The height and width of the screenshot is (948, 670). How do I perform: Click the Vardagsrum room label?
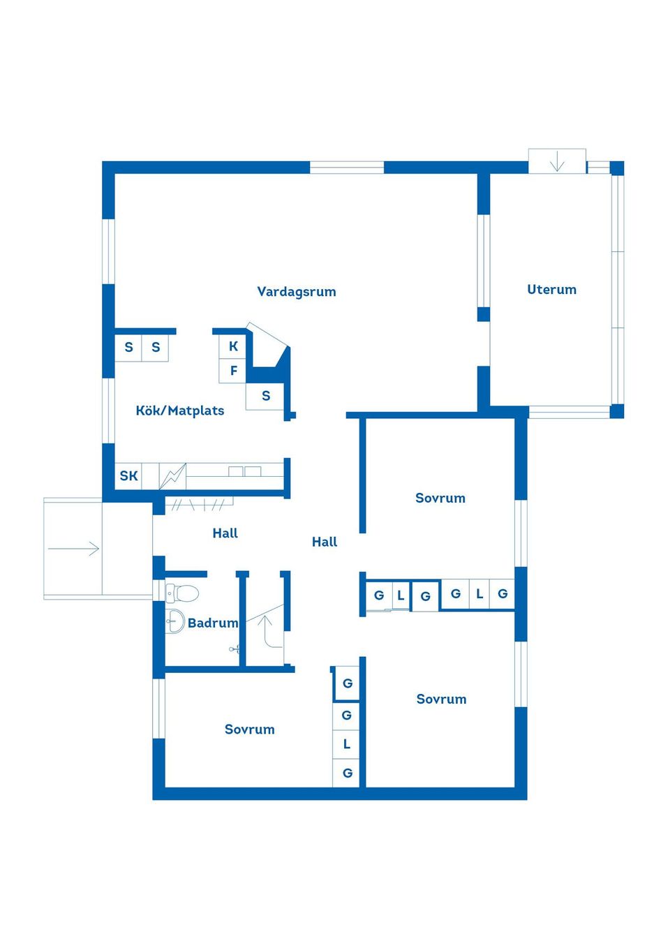pos(296,292)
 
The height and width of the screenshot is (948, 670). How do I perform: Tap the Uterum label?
pos(551,290)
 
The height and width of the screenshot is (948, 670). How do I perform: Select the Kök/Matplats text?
pos(179,410)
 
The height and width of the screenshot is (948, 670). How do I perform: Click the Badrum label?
pos(212,623)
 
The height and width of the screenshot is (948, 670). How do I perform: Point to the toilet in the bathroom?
pos(183,593)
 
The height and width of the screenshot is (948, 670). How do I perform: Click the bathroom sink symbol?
pos(174,621)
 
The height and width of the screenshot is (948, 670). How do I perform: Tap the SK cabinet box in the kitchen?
pos(128,476)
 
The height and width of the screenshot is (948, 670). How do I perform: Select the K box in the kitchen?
pos(233,346)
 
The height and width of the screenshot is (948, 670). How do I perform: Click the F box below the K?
pos(233,371)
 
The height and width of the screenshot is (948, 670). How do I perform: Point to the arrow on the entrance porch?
pos(74,549)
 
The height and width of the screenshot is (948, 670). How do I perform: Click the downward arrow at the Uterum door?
pos(556,163)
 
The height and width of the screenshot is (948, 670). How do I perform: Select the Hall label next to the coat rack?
pos(225,533)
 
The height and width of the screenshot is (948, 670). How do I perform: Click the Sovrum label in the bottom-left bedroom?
pos(249,729)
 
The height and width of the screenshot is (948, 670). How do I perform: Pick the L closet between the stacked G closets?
pos(346,745)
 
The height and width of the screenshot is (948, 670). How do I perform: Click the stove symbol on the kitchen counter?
pos(173,476)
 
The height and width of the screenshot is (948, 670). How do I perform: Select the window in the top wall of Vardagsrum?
pos(346,168)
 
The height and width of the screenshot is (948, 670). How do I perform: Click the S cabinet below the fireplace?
pos(265,396)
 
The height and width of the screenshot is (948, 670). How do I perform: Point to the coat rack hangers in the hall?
pos(199,504)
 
